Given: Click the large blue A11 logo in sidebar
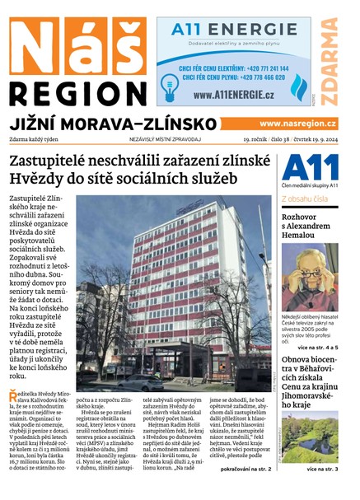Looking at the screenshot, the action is (310, 167).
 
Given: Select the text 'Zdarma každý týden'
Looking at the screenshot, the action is (35, 141).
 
